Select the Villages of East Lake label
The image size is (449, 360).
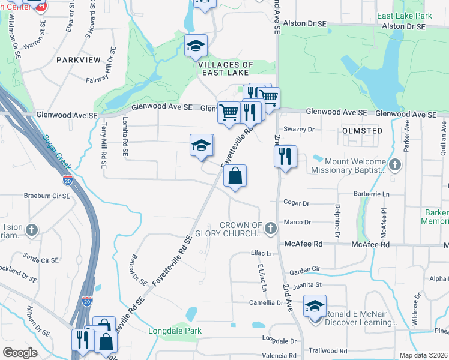coord(225,69)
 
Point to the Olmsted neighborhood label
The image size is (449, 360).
coord(363,130)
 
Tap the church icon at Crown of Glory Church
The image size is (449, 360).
coord(271,227)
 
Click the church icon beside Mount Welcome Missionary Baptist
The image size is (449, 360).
coord(394,164)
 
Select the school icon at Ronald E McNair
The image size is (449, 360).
coord(315,307)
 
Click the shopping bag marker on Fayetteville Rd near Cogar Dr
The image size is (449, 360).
coord(235,176)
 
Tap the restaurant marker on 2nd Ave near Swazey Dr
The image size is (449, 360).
coord(285,157)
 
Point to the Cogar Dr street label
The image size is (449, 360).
coord(295,203)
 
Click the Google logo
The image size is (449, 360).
coord(20,353)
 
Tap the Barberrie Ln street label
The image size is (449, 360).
coord(371,194)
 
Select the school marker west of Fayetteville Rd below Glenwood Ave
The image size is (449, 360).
coord(202,145)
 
